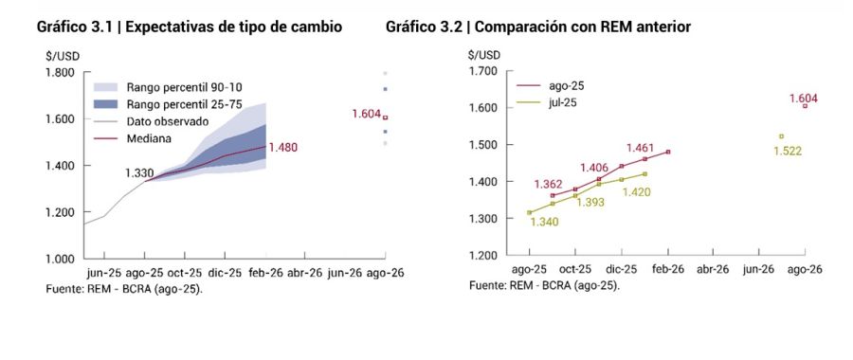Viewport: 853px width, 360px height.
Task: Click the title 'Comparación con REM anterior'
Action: pos(538,27)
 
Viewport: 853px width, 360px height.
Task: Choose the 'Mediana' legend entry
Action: pos(149,138)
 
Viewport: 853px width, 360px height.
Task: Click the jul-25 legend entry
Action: pos(559,102)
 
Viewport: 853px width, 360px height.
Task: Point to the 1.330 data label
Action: pos(139,172)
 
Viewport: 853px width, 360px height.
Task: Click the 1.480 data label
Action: pos(283,147)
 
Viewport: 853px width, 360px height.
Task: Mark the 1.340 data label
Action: pos(544,222)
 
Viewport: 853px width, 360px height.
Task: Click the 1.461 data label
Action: pos(642,148)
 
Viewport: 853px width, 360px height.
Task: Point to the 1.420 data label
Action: pos(638,191)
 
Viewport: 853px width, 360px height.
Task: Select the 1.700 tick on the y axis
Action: pos(484,71)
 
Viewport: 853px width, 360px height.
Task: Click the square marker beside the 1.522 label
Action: pos(781,136)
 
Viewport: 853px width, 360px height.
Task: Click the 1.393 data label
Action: pos(590,203)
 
